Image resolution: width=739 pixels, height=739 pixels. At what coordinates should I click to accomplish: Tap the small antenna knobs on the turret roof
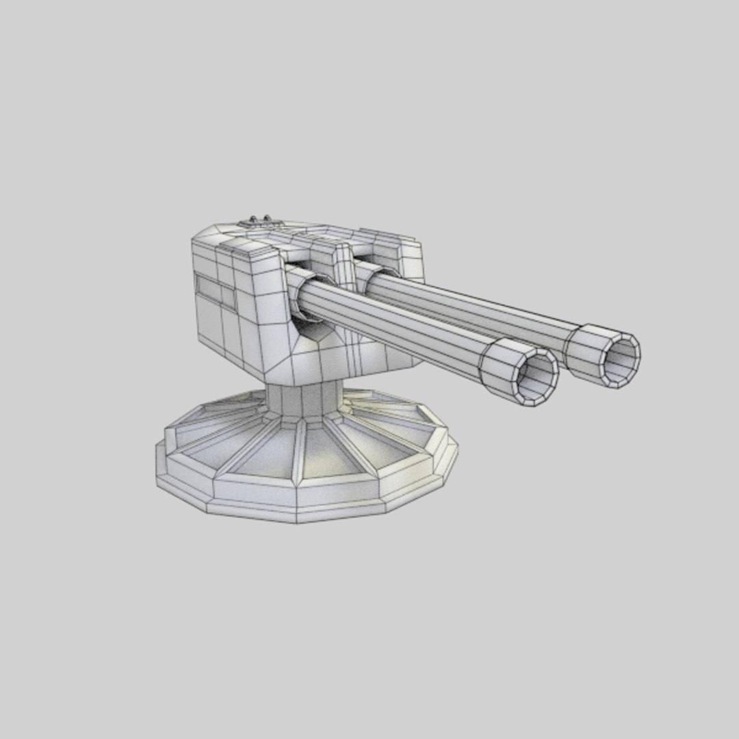[x=257, y=219]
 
